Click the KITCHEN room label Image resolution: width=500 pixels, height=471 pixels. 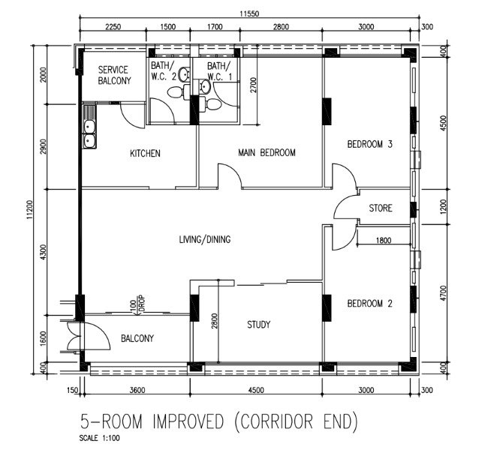(x=145, y=153)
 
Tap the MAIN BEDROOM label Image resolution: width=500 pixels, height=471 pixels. (x=267, y=152)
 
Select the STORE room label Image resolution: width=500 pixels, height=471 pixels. (x=381, y=208)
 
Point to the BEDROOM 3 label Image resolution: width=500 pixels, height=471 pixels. (x=369, y=144)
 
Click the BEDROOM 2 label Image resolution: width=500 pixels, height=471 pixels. (x=369, y=303)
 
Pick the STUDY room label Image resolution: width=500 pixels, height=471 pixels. (x=258, y=325)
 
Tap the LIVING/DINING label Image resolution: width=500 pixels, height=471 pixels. (x=205, y=239)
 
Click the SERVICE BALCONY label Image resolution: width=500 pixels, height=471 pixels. (x=114, y=75)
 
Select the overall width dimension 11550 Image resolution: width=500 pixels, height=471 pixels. (x=249, y=13)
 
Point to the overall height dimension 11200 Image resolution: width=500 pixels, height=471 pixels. (x=30, y=209)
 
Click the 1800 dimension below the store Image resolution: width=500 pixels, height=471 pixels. (x=384, y=240)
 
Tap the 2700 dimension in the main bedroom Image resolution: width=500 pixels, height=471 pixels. (x=253, y=85)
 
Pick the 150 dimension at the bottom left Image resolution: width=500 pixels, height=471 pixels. (x=73, y=390)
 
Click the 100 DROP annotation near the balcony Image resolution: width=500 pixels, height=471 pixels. (x=138, y=304)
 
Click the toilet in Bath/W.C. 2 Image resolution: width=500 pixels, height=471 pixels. (x=176, y=92)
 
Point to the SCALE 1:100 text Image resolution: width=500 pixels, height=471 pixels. (x=100, y=438)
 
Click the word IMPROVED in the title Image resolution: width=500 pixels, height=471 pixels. (x=188, y=421)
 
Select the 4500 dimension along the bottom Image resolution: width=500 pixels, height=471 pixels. (x=256, y=390)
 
